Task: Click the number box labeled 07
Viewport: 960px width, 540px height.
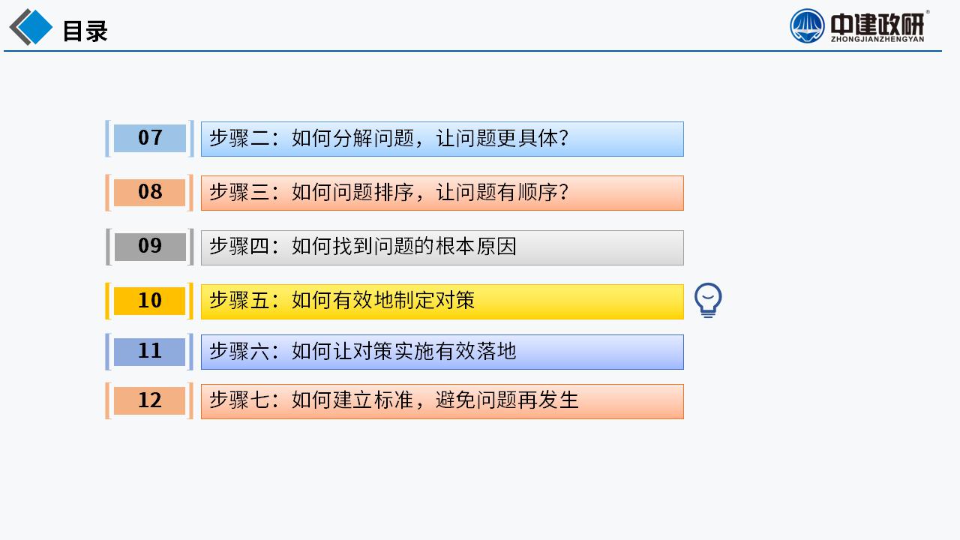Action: click(x=149, y=139)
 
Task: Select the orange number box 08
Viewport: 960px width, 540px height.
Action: click(x=149, y=193)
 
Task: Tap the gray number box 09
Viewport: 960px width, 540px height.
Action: click(x=149, y=247)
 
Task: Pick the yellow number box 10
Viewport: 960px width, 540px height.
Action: click(x=149, y=301)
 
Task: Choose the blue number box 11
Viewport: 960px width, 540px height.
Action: click(x=149, y=352)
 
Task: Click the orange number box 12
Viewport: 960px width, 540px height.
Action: click(x=149, y=400)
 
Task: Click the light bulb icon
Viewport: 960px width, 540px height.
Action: click(x=708, y=300)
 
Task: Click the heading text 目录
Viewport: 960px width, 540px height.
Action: click(x=85, y=31)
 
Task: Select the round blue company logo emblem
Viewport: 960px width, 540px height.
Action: click(x=807, y=26)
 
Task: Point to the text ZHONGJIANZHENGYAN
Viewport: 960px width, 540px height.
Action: click(x=877, y=39)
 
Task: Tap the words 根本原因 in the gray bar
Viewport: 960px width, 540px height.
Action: click(x=476, y=247)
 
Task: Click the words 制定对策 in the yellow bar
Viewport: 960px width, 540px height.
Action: click(x=434, y=301)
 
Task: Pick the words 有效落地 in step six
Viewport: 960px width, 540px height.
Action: click(x=476, y=352)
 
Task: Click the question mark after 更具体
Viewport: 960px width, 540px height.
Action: click(x=563, y=139)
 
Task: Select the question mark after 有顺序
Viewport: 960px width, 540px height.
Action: click(x=563, y=193)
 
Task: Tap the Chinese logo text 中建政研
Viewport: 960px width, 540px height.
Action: click(x=877, y=24)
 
